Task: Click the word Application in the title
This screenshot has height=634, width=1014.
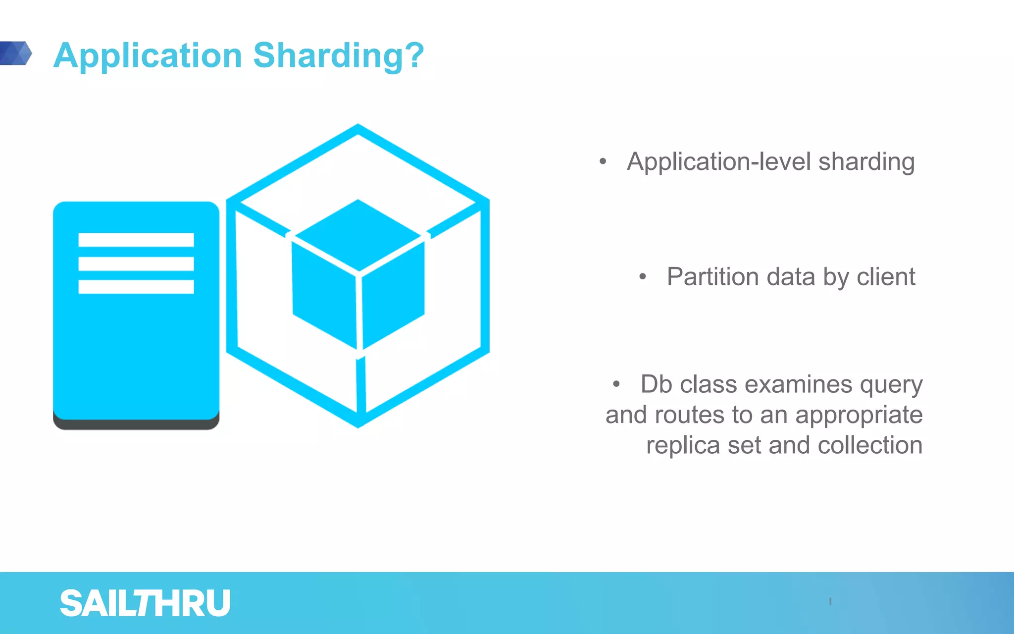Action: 148,55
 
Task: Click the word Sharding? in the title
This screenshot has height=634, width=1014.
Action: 339,55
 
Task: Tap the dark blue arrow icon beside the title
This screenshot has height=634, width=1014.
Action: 16,53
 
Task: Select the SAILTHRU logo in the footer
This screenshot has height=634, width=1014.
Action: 145,603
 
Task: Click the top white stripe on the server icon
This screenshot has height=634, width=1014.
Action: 136,240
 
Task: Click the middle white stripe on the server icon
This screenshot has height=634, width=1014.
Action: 136,264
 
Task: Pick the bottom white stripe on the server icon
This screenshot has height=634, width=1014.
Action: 136,287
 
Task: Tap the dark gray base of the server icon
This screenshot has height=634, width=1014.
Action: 136,424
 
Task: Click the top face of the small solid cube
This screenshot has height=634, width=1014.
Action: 358,234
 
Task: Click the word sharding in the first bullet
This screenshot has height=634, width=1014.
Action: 866,162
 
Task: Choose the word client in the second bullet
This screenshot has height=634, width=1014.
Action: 886,276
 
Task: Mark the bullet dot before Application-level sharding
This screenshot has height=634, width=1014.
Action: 603,161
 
